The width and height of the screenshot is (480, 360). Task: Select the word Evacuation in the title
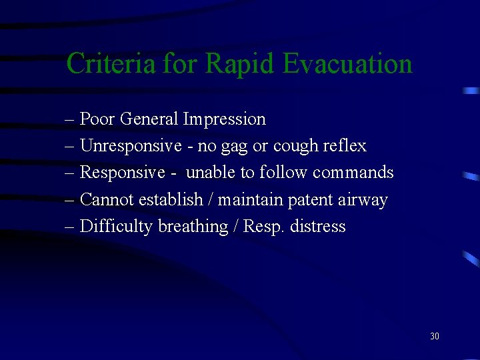(347, 64)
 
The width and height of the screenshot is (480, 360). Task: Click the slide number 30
(435, 336)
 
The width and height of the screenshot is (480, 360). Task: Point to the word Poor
(97, 119)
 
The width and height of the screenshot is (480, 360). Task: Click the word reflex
(345, 146)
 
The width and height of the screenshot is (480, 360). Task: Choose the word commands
(353, 173)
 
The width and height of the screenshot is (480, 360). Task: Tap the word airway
(364, 201)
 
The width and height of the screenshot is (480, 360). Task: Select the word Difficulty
(117, 227)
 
